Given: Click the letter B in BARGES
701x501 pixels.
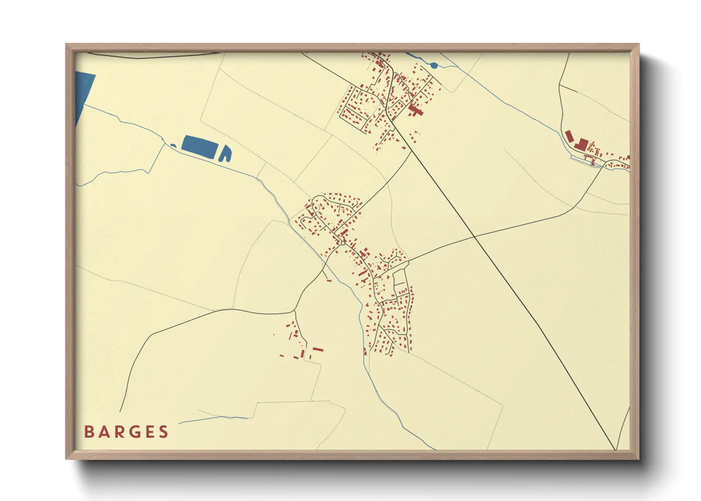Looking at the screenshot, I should [89, 432].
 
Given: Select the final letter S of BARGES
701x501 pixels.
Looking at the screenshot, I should [164, 432].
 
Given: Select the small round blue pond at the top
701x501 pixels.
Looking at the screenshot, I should [434, 65].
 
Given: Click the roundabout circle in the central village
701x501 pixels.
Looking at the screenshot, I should [343, 243].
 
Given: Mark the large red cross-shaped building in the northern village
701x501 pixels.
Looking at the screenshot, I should [415, 111].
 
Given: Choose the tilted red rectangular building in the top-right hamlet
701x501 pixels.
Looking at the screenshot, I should [569, 135].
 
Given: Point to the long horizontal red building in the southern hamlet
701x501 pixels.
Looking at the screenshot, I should [317, 349].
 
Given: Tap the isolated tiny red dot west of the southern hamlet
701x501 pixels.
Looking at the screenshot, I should [274, 335].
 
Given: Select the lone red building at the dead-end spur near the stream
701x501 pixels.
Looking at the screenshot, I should [329, 280].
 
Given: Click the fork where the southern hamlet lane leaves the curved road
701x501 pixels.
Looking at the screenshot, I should [295, 311].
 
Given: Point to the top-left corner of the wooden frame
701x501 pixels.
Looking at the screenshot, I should [65, 44].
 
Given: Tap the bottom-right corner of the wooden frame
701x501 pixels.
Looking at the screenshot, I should [639, 459].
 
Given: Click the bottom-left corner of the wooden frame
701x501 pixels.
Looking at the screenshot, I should [65, 459].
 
